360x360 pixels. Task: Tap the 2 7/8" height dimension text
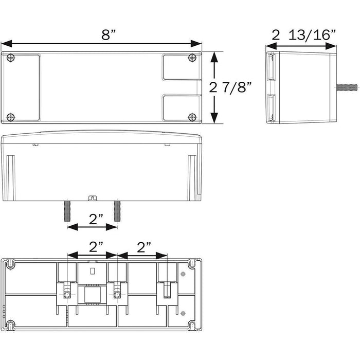(230, 87)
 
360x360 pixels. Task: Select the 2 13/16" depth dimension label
(304, 35)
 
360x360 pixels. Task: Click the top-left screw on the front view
(11, 58)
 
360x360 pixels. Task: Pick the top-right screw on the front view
(192, 58)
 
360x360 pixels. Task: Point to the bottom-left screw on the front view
(11, 117)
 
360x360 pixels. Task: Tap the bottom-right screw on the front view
(192, 117)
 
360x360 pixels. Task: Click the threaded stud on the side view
(347, 87)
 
